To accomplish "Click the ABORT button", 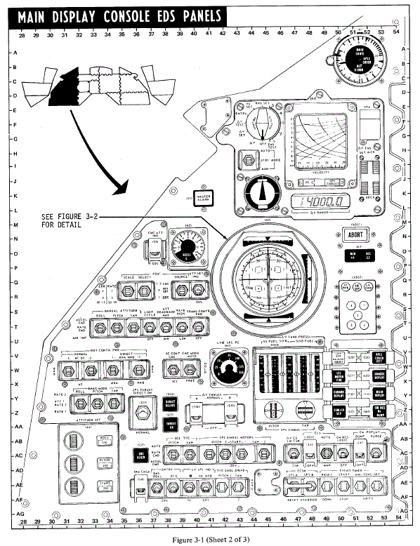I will [355, 235].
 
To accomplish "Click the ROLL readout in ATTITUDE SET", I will [103, 439].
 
